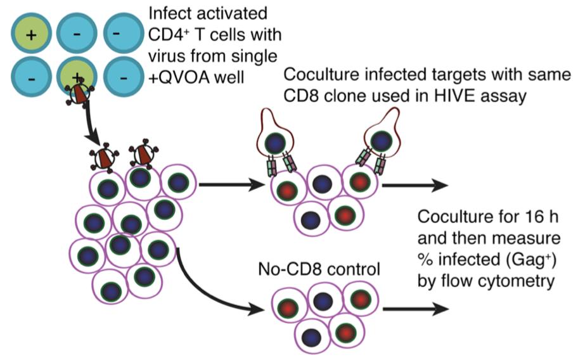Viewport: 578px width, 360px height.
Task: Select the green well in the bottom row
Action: [76, 78]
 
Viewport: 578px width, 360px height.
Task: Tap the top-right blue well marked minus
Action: [123, 32]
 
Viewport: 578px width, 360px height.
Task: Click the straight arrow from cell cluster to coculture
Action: [231, 186]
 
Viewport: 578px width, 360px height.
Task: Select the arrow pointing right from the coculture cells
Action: [414, 186]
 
